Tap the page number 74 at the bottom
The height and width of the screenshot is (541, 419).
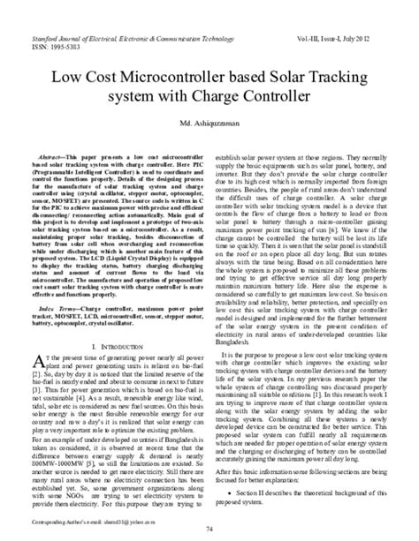point(209,528)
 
